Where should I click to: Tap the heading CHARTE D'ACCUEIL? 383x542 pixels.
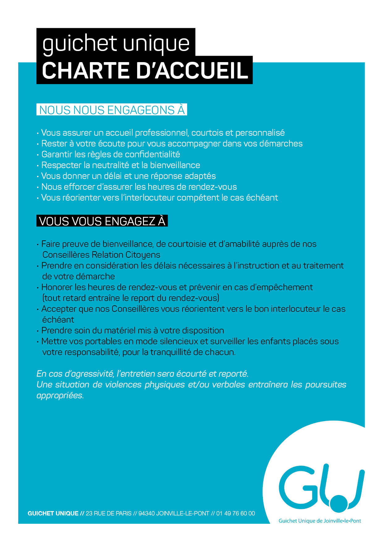click(145, 71)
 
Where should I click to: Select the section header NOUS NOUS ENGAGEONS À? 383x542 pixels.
click(112, 110)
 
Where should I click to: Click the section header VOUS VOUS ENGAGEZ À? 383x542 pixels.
click(102, 221)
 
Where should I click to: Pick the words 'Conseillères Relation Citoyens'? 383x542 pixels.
click(101, 255)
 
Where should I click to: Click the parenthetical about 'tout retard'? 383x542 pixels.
click(131, 298)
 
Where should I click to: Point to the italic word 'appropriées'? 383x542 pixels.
click(60, 396)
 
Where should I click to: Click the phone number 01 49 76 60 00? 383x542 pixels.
click(236, 513)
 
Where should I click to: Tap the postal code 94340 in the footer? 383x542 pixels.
click(146, 513)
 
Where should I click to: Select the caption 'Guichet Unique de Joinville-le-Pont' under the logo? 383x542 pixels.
click(320, 521)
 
